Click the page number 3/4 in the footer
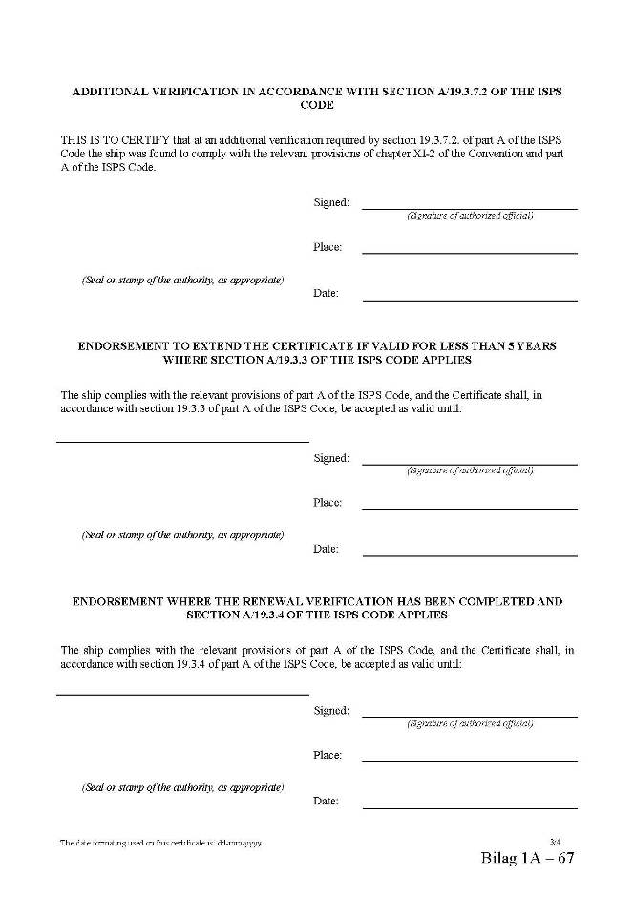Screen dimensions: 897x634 point(557,840)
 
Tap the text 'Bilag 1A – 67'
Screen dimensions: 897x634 point(528,858)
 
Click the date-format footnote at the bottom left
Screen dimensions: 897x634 point(160,844)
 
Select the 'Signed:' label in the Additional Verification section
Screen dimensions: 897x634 point(331,202)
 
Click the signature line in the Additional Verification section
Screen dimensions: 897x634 point(470,208)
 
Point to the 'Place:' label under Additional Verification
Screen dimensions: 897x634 point(328,247)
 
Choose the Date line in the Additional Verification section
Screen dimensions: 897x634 point(470,300)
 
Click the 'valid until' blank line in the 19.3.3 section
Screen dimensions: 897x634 point(182,442)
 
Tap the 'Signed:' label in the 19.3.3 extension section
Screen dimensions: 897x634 point(331,458)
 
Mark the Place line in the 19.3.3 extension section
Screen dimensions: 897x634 point(470,509)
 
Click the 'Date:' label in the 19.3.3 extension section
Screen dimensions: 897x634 point(326,549)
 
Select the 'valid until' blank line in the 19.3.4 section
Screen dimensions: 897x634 point(182,695)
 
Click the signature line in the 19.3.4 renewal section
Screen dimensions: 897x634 point(470,716)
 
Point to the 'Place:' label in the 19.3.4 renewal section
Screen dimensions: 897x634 point(328,755)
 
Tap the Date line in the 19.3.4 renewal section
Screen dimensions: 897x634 point(470,808)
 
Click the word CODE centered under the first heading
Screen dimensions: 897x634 point(317,107)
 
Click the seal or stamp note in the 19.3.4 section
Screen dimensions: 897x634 point(182,787)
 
